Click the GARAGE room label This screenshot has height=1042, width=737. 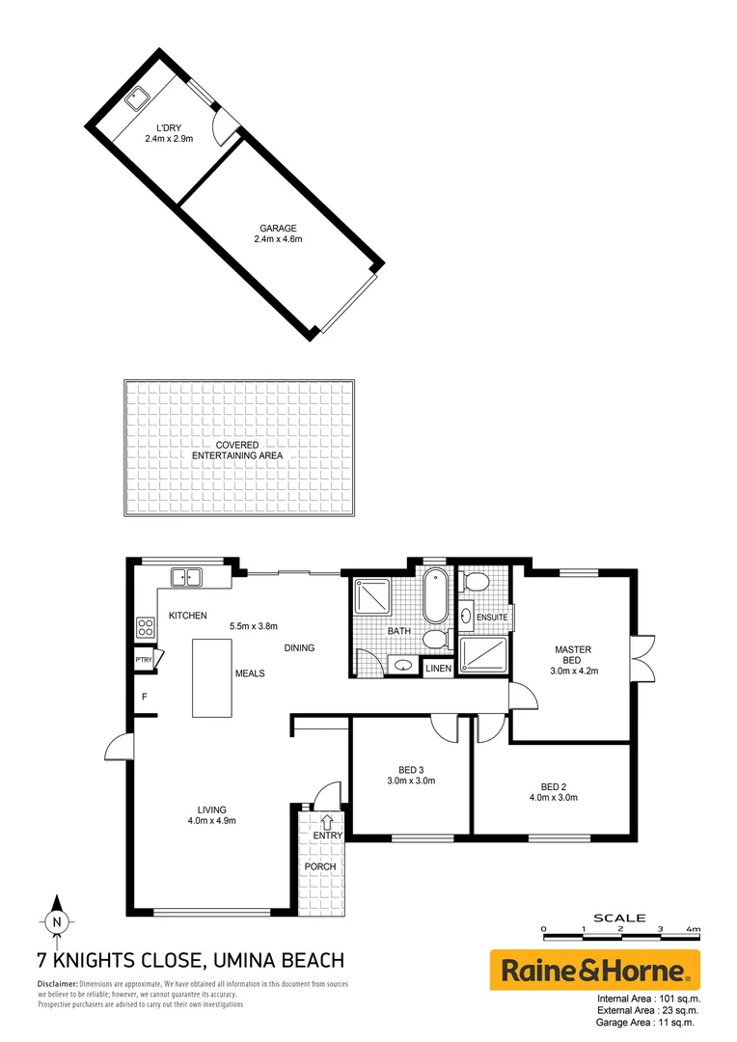(278, 229)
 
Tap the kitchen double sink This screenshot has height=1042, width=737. (186, 578)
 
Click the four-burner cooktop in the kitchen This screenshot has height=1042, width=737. (147, 628)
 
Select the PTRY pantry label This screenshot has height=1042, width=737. (145, 661)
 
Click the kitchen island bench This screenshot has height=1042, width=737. (212, 677)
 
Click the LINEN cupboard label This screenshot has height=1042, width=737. (438, 668)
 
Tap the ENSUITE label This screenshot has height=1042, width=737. (491, 617)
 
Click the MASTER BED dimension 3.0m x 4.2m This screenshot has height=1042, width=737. (572, 671)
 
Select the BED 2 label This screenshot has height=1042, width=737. (553, 785)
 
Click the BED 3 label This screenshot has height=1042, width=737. (410, 769)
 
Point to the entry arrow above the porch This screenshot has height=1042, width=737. (326, 821)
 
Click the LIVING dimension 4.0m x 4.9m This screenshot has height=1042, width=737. (211, 821)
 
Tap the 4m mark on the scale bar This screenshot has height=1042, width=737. (693, 928)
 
